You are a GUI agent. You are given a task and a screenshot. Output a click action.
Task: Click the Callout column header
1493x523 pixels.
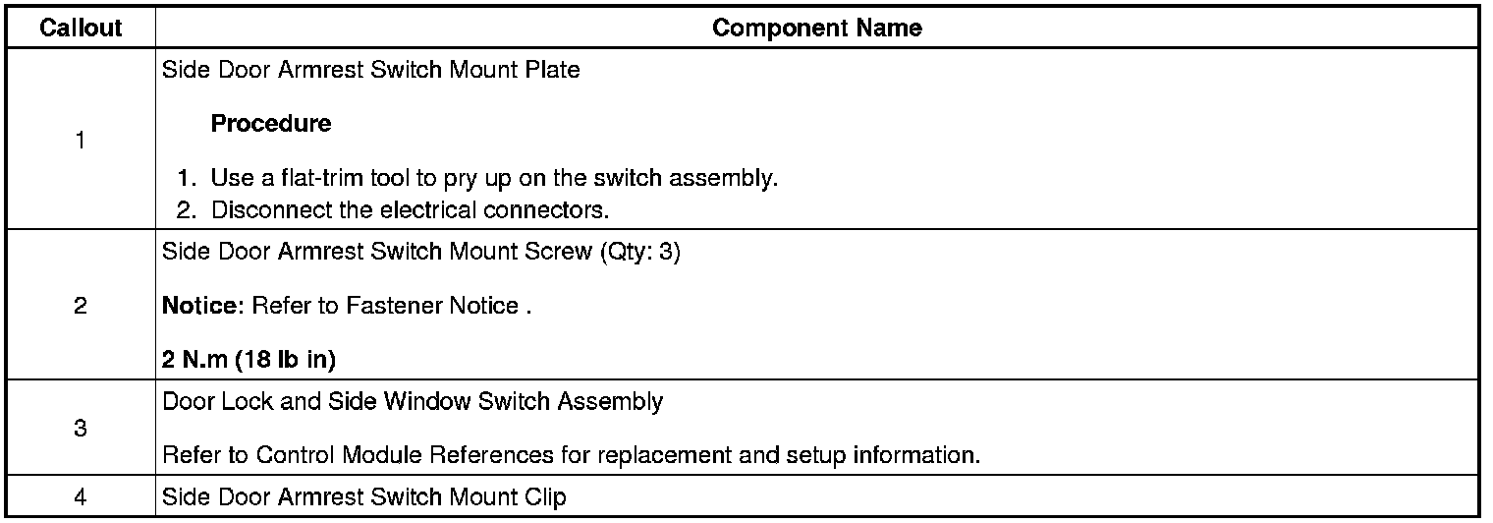(81, 28)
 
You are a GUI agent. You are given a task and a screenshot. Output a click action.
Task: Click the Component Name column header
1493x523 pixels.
(816, 28)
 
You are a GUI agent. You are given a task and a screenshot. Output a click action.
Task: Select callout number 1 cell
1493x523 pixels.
(80, 141)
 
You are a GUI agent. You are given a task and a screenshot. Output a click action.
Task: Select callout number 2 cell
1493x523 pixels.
(80, 306)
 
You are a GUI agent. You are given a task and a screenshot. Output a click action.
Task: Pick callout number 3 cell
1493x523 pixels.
(80, 429)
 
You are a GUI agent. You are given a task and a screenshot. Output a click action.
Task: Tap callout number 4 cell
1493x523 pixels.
(80, 497)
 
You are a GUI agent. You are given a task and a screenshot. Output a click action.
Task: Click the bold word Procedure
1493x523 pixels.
(271, 125)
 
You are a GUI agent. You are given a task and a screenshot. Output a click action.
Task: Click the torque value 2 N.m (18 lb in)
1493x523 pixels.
(249, 361)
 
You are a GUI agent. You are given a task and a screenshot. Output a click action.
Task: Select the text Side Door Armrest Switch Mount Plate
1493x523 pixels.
(370, 72)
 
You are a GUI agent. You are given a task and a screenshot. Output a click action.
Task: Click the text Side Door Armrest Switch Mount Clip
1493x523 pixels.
(363, 497)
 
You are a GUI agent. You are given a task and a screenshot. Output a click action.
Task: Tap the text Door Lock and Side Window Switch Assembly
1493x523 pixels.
(413, 401)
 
